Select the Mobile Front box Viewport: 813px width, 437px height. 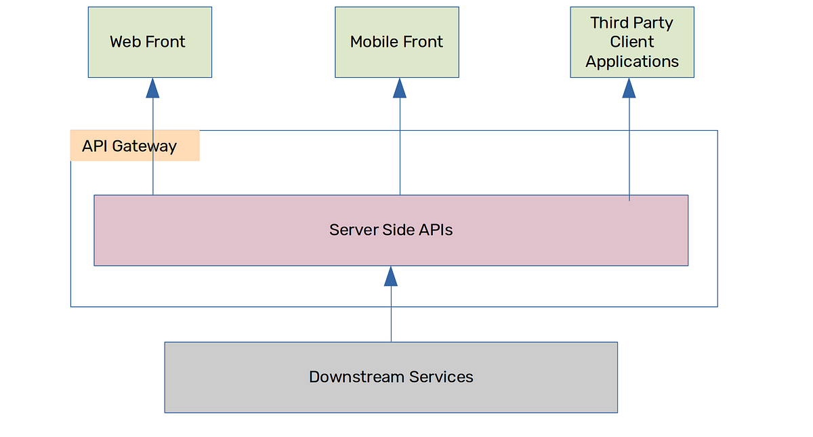396,42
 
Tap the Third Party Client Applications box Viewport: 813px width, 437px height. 631,42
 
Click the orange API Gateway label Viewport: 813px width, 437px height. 135,146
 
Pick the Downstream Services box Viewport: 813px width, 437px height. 391,377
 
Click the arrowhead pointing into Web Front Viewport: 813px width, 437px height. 152,88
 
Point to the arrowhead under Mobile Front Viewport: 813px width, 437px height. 400,88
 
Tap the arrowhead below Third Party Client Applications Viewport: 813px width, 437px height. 629,88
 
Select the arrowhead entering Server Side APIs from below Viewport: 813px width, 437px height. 391,276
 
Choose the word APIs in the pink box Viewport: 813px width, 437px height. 436,230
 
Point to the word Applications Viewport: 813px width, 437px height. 632,62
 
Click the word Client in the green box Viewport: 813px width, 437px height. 632,42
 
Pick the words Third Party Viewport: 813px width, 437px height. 631,23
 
